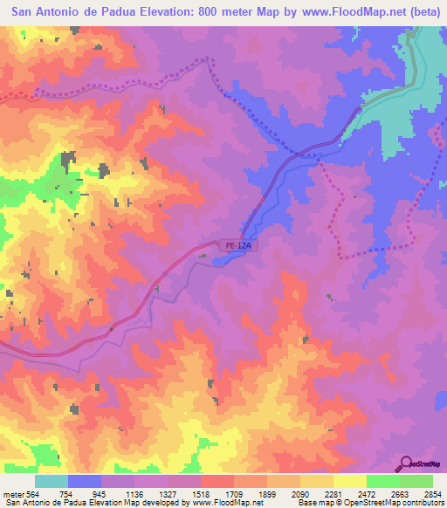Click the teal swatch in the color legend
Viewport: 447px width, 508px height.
[51, 481]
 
